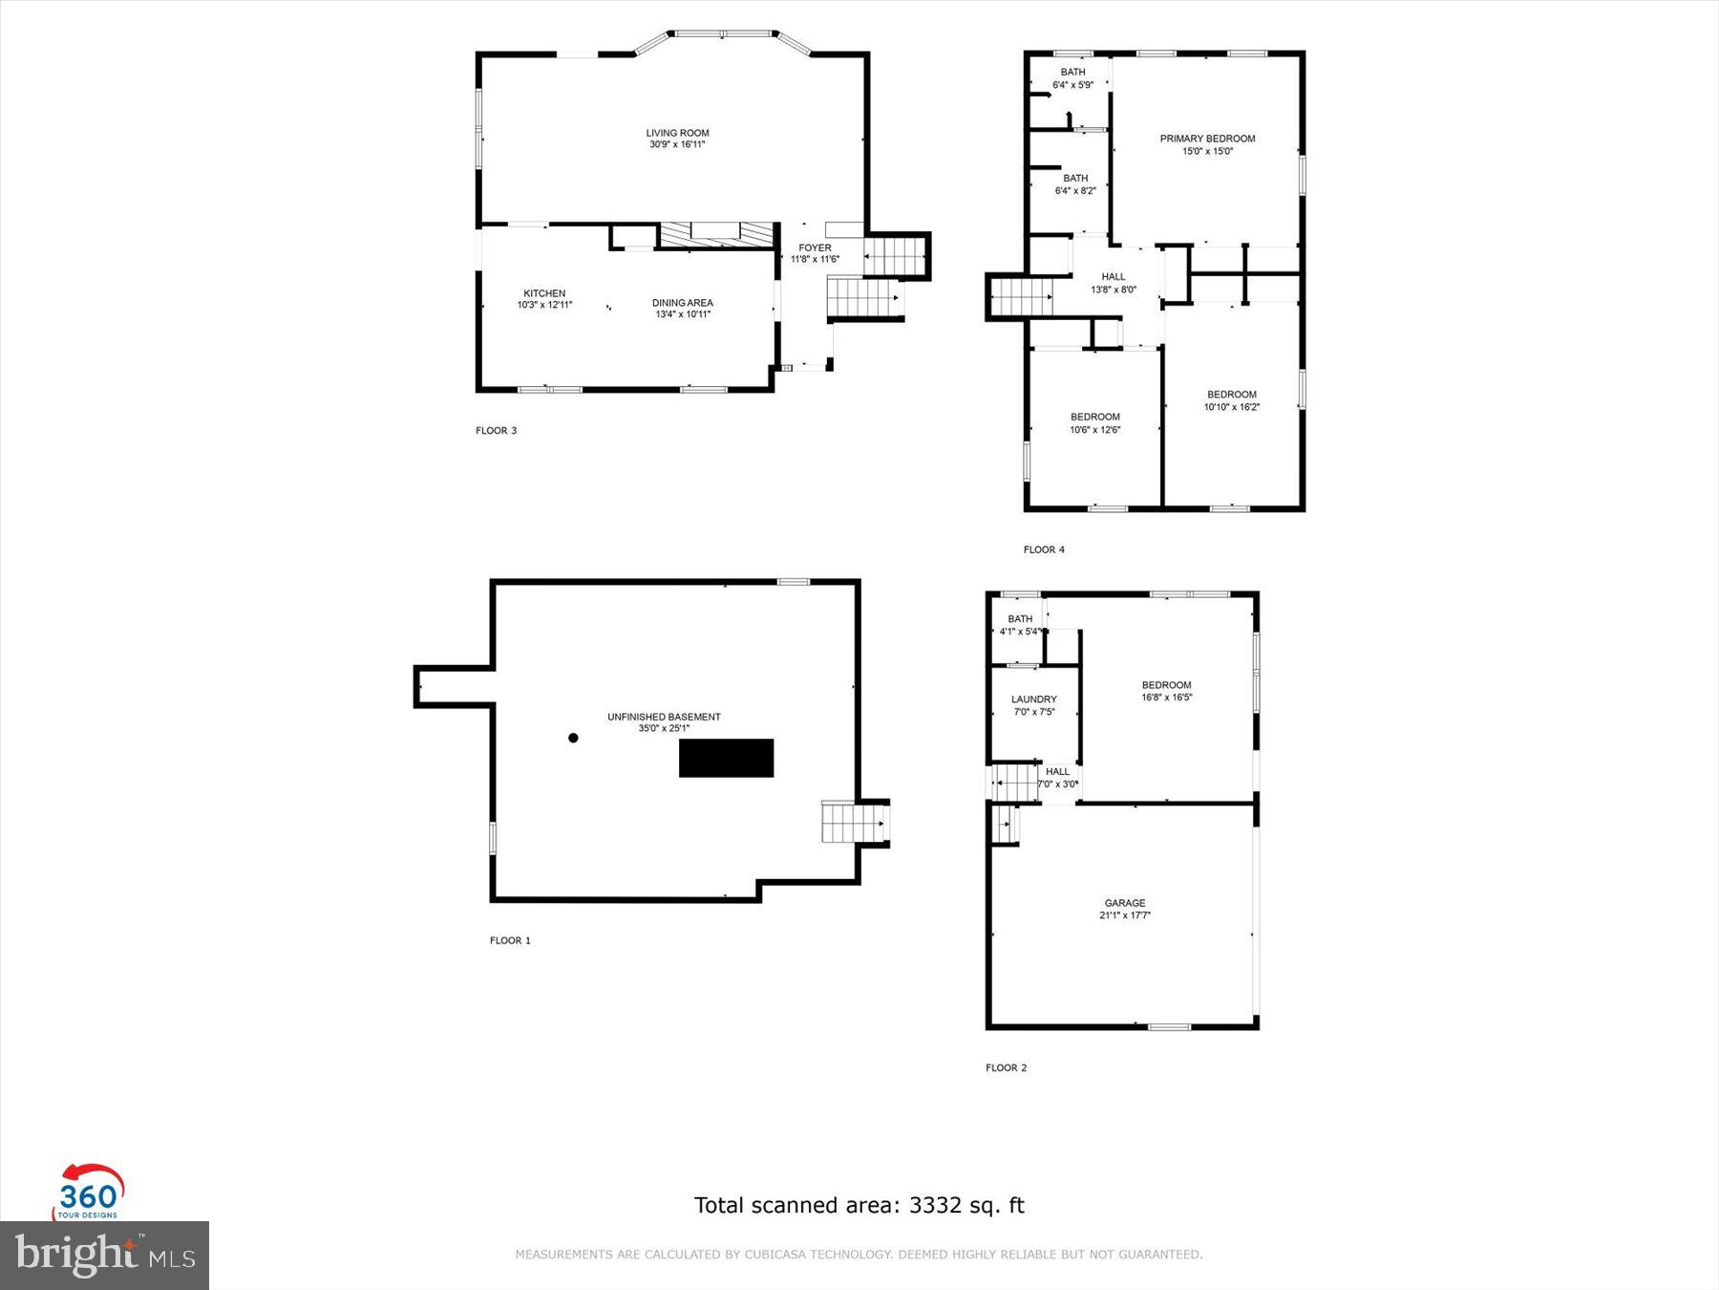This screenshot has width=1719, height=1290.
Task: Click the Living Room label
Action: pos(677,133)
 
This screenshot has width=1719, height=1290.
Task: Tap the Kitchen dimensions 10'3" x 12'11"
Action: pos(544,306)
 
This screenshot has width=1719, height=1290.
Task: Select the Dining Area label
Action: pos(682,303)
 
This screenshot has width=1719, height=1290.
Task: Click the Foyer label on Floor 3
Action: pos(815,248)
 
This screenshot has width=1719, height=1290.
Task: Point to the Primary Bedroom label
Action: pos(1207,139)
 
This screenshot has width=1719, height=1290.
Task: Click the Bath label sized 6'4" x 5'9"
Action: pos(1072,73)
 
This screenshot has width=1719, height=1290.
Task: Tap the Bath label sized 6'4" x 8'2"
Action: pos(1075,179)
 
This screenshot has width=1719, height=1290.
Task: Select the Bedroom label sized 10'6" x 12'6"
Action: pos(1094,418)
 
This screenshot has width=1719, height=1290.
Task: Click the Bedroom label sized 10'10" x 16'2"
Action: pos(1231,395)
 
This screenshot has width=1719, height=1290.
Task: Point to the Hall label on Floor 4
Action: pos(1114,277)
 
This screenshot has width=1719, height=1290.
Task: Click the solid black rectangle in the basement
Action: pos(726,758)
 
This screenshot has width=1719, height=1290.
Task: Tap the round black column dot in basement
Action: pos(573,738)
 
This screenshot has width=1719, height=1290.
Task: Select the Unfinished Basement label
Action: pos(664,717)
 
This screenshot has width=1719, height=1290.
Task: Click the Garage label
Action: pos(1124,903)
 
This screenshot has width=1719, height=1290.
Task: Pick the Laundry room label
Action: pos(1033,699)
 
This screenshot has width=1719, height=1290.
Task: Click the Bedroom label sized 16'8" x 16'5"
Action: pos(1166,685)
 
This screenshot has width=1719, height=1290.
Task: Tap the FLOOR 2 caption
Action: pos(1006,1067)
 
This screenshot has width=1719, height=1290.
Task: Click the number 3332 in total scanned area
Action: pos(935,1205)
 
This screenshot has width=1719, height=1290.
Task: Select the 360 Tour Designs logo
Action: pos(89,1192)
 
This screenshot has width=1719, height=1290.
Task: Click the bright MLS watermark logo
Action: pos(104,1255)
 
